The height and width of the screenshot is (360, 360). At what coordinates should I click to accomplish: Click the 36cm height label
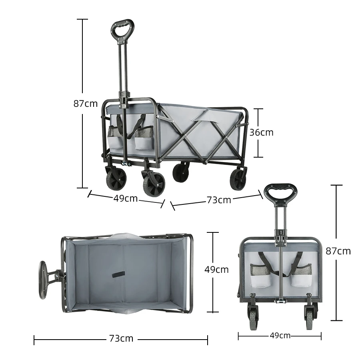point(262,132)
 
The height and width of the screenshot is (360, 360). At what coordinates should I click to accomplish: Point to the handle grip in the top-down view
point(42,280)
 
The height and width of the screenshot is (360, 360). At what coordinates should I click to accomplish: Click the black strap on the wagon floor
point(118,275)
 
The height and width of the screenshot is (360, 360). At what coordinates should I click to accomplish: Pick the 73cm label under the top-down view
point(121,338)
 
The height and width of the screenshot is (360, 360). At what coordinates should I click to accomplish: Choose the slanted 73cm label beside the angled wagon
point(219,200)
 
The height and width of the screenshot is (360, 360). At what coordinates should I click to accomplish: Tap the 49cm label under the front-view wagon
point(280,336)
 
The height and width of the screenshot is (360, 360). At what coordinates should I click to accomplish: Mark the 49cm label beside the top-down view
point(216,270)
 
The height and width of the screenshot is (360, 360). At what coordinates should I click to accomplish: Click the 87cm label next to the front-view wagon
point(338,251)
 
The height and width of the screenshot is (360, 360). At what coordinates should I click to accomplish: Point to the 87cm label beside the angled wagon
point(85,104)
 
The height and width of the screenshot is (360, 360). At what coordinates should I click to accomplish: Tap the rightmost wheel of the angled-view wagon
point(238,179)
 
